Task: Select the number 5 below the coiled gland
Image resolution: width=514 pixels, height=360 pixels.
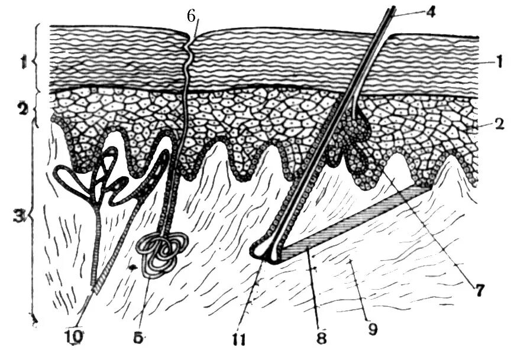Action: tap(137, 338)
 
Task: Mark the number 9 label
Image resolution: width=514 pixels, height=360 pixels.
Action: tap(372, 328)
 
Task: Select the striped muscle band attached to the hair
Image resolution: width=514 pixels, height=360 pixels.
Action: tap(355, 222)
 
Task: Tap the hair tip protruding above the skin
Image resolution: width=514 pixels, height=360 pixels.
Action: tap(391, 11)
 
